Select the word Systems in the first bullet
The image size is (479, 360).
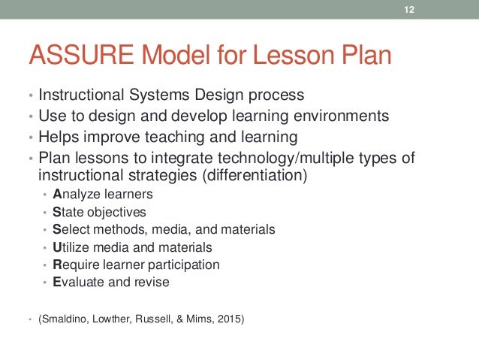(x=163, y=96)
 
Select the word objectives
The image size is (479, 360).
(x=114, y=212)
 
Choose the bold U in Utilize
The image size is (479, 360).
(x=57, y=247)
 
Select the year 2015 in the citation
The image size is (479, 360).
(x=229, y=318)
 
